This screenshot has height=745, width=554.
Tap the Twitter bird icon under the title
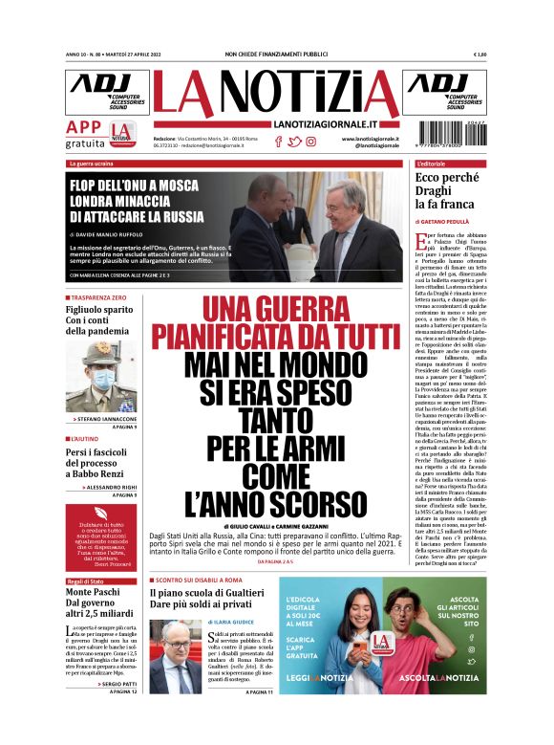pos(295,142)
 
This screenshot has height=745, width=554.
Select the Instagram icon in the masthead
pos(311,142)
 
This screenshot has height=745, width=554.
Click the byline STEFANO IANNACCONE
pos(108,419)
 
